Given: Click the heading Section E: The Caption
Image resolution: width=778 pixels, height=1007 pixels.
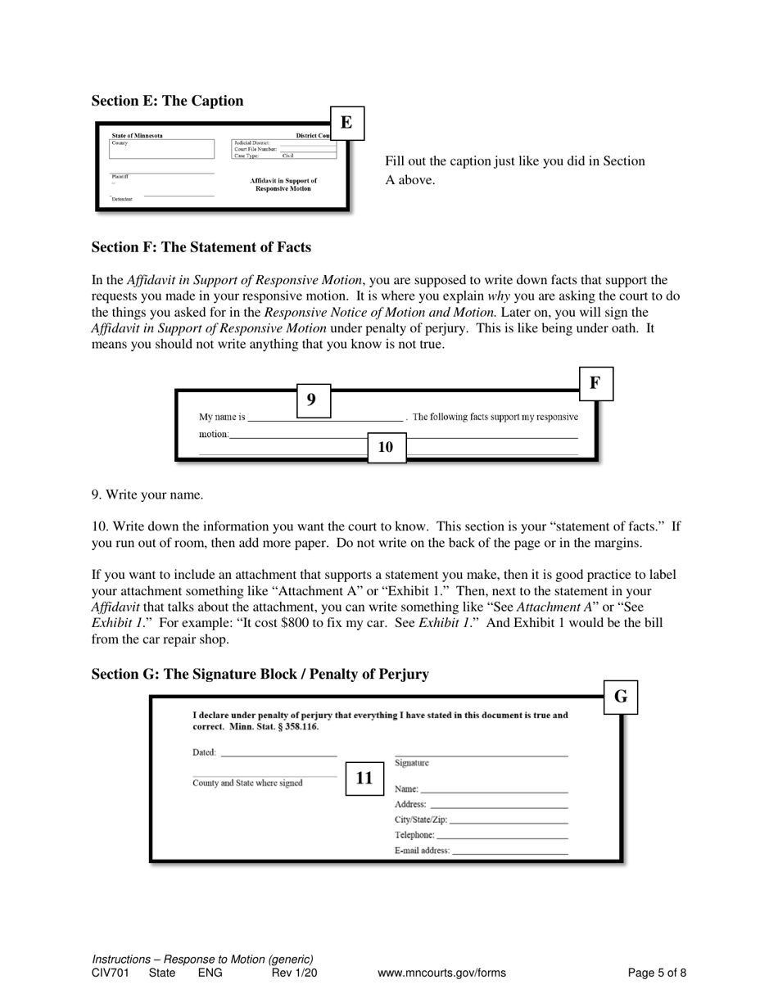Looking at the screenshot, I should (167, 101).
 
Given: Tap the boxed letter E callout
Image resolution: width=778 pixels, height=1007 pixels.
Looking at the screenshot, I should (346, 123).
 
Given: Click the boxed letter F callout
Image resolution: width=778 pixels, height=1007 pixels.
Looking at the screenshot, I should (595, 383).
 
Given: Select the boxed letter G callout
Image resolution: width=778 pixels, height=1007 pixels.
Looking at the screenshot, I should (621, 697).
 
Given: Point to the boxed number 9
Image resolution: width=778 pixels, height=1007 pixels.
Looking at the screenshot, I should (312, 400).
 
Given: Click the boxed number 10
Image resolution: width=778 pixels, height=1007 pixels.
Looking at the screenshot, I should (386, 447).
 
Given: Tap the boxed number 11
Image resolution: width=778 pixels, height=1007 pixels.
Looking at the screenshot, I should (364, 778).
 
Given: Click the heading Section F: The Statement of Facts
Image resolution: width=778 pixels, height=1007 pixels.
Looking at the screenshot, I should (201, 247).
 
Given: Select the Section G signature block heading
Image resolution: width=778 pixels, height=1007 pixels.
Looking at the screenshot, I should (260, 674).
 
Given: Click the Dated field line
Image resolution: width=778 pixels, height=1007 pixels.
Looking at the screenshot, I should (278, 752).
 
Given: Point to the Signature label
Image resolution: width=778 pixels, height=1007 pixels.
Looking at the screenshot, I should (412, 763).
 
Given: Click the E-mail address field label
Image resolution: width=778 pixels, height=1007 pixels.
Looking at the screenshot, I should (422, 851).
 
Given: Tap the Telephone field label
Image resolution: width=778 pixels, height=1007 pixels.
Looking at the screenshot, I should (414, 835).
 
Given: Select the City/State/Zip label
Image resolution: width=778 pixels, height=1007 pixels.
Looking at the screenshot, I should (421, 820).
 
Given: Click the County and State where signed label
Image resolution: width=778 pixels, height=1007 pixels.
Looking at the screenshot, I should (247, 783).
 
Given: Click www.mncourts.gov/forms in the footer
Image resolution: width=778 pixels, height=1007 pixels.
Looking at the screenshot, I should (441, 973).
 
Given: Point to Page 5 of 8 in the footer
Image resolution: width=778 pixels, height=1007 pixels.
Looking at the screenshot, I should (657, 973).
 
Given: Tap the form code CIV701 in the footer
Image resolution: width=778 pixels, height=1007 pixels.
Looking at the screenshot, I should (111, 973).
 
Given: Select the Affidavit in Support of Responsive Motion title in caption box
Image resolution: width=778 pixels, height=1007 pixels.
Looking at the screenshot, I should (283, 184).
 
